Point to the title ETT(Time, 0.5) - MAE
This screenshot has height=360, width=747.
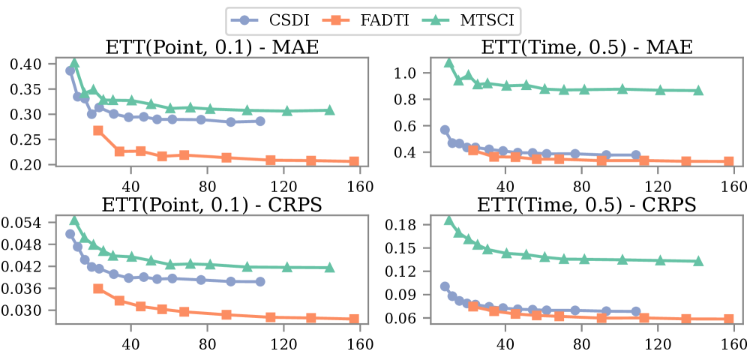[587, 48]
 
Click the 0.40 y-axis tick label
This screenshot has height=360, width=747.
[28, 64]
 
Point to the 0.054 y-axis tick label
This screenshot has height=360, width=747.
[25, 223]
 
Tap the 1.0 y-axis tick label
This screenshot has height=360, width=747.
[408, 73]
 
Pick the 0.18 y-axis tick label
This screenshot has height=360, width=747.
[405, 226]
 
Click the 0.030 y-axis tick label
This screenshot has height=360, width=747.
[25, 310]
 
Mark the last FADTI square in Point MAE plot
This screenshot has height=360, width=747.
[354, 161]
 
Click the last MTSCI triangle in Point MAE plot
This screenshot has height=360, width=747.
[329, 110]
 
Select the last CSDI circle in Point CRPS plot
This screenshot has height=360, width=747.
[260, 281]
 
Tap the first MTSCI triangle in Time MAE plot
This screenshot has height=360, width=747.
[449, 63]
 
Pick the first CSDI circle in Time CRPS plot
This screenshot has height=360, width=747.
[445, 286]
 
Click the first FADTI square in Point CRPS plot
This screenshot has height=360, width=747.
[98, 289]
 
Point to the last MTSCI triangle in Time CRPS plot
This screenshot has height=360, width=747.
[698, 261]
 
